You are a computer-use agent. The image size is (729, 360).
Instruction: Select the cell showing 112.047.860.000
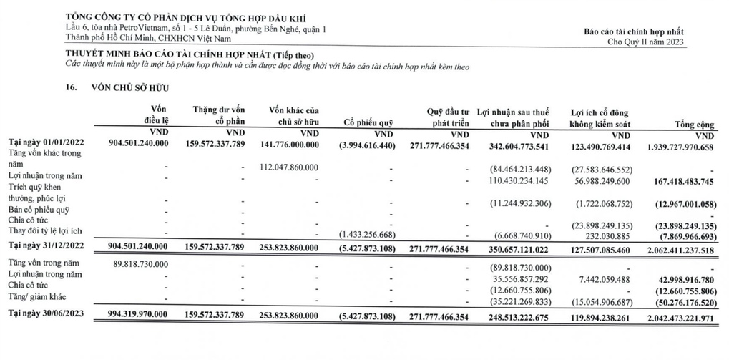tap(289, 167)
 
